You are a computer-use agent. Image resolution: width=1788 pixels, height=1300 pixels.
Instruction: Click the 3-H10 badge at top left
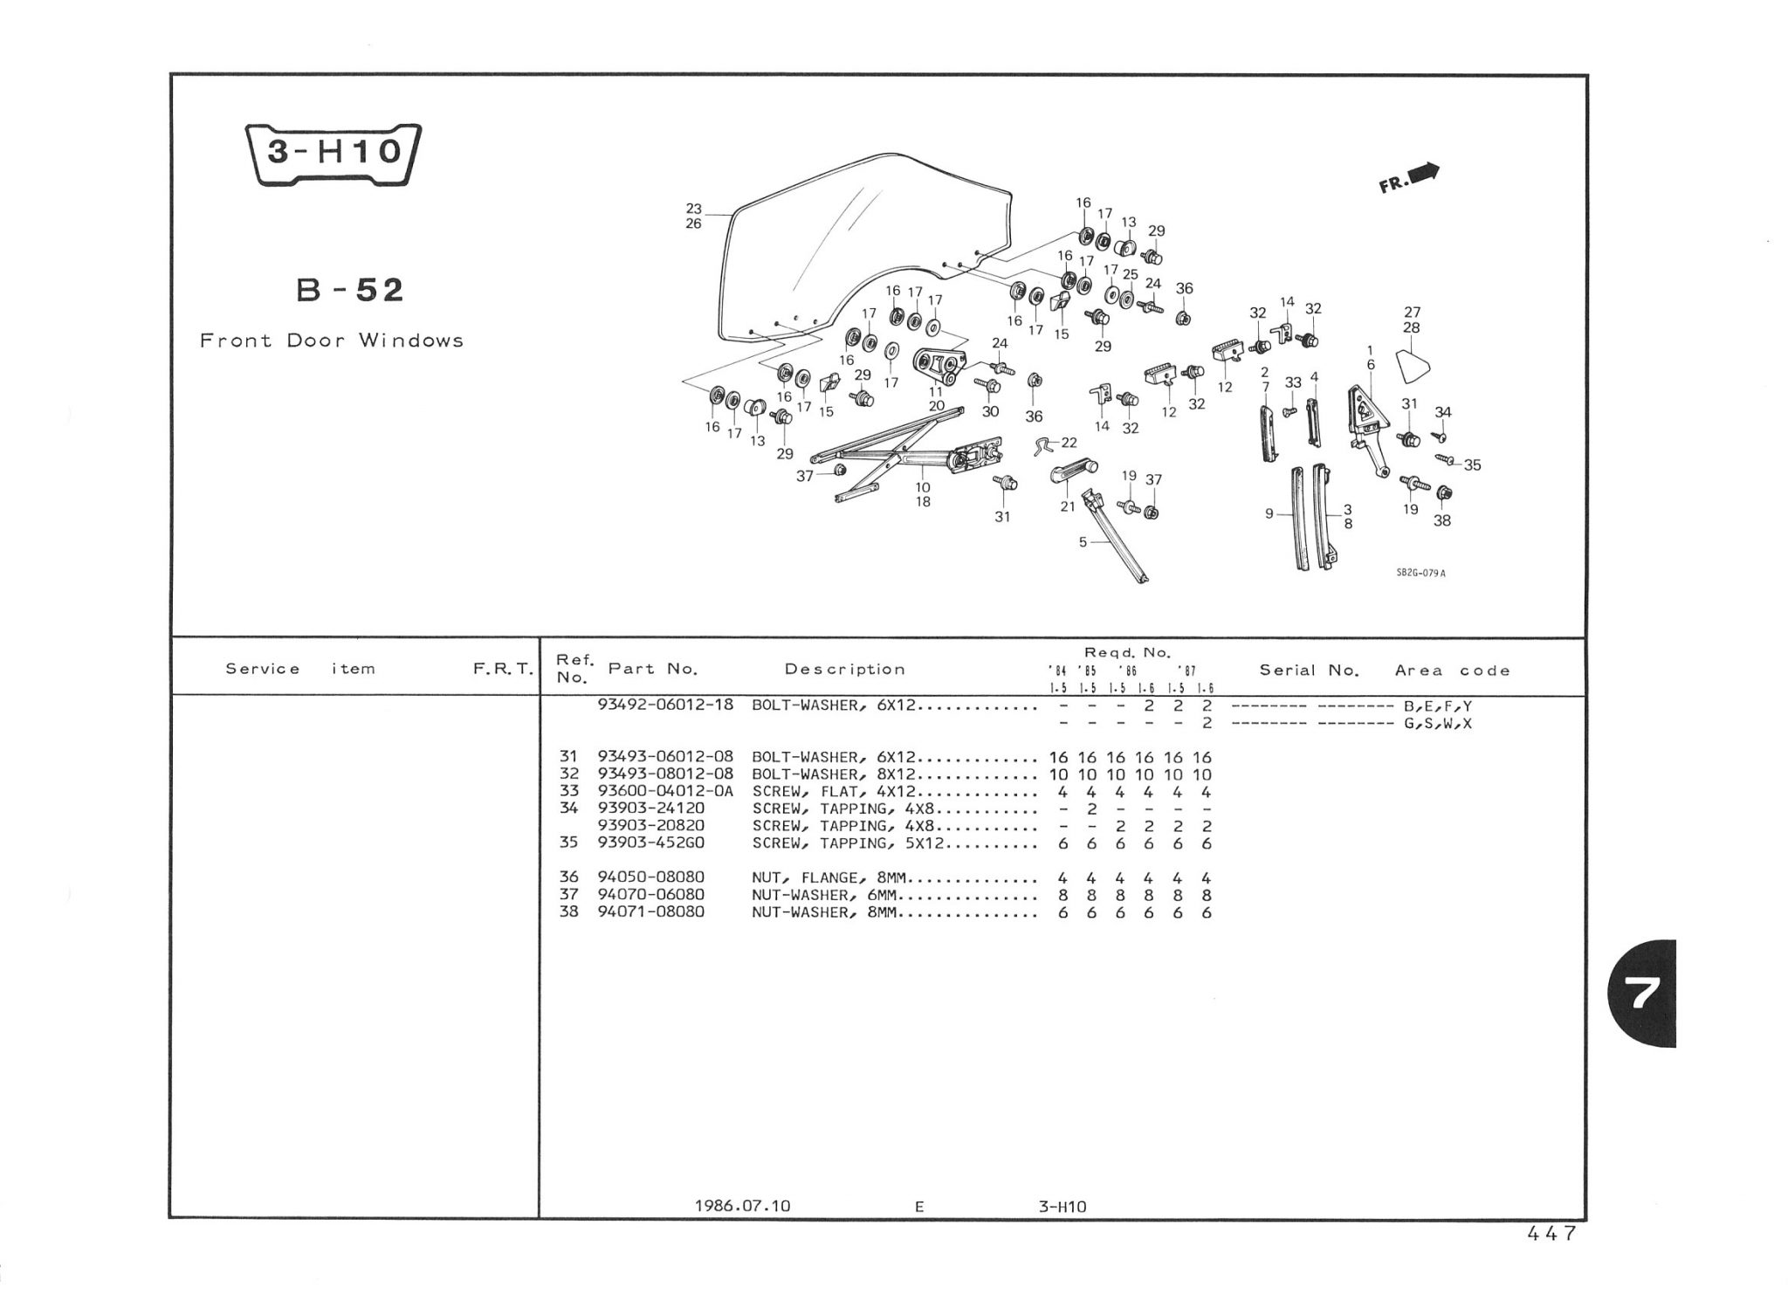point(334,154)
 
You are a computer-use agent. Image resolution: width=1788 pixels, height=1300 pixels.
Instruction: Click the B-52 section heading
point(350,290)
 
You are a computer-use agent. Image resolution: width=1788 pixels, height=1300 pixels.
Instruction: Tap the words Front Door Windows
point(332,340)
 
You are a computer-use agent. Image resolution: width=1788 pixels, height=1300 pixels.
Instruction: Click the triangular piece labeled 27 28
point(1413,365)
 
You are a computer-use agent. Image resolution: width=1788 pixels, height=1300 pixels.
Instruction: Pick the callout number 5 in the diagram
point(1083,542)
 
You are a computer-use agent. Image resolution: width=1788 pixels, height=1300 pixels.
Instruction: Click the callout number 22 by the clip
point(1069,444)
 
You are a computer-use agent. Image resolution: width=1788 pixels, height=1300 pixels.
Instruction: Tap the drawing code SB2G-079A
point(1420,574)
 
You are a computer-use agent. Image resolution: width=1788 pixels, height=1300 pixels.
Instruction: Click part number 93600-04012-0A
point(665,792)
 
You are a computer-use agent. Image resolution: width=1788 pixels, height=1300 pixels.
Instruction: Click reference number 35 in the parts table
point(568,843)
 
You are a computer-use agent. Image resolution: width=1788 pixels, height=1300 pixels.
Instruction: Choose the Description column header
point(844,670)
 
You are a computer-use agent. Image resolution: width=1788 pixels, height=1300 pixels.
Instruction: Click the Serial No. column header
point(1309,671)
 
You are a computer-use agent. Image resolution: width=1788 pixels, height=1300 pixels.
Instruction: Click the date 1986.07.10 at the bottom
point(742,1206)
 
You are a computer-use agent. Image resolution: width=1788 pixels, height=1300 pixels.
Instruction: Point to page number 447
point(1551,1234)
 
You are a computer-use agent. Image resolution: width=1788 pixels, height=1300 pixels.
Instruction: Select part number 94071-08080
point(650,912)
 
